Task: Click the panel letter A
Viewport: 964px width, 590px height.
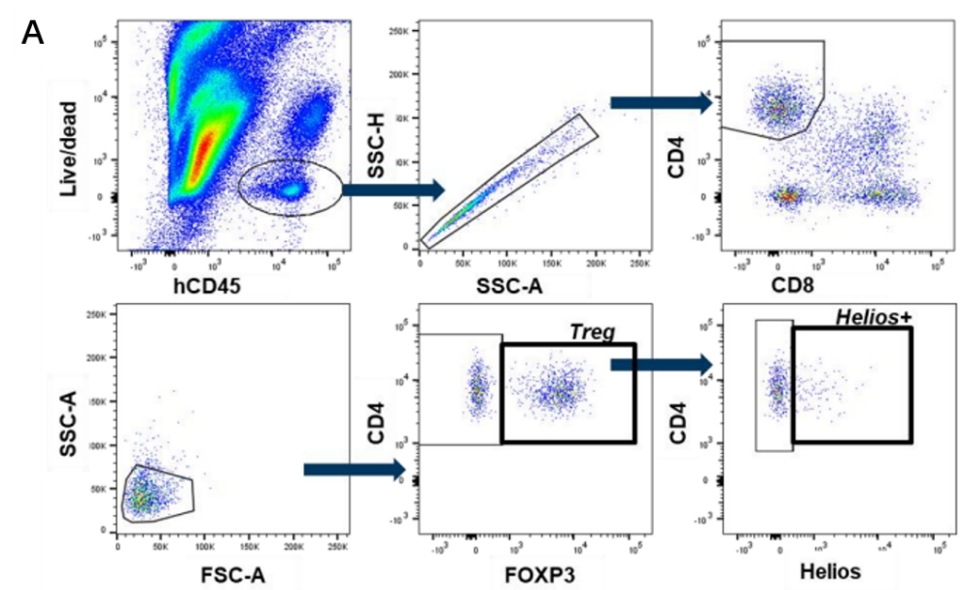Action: click(31, 34)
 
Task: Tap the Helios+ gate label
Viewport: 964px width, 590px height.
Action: click(878, 318)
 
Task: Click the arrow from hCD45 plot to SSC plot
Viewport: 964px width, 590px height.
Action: click(393, 190)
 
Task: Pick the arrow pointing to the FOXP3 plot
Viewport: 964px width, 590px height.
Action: click(354, 470)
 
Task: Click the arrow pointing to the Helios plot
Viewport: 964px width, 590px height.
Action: click(662, 364)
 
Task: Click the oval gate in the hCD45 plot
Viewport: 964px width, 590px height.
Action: click(290, 187)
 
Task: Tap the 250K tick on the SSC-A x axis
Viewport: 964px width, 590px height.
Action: click(640, 262)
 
